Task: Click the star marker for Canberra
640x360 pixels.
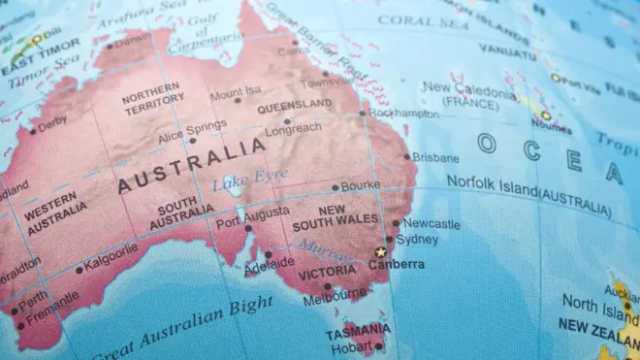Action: tap(380, 252)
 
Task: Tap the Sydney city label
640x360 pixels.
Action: tap(418, 239)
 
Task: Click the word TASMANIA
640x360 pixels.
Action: tap(358, 330)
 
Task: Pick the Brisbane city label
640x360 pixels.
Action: tap(435, 157)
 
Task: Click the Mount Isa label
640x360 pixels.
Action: tap(236, 93)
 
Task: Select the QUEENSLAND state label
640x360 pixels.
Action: tap(295, 106)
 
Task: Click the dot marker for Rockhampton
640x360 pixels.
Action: tap(363, 113)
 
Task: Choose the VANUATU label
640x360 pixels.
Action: tap(507, 49)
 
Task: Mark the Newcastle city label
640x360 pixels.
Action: tap(432, 223)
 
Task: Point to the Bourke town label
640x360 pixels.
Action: tap(361, 183)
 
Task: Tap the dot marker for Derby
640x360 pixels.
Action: tap(32, 131)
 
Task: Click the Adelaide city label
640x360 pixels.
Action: tap(270, 263)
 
